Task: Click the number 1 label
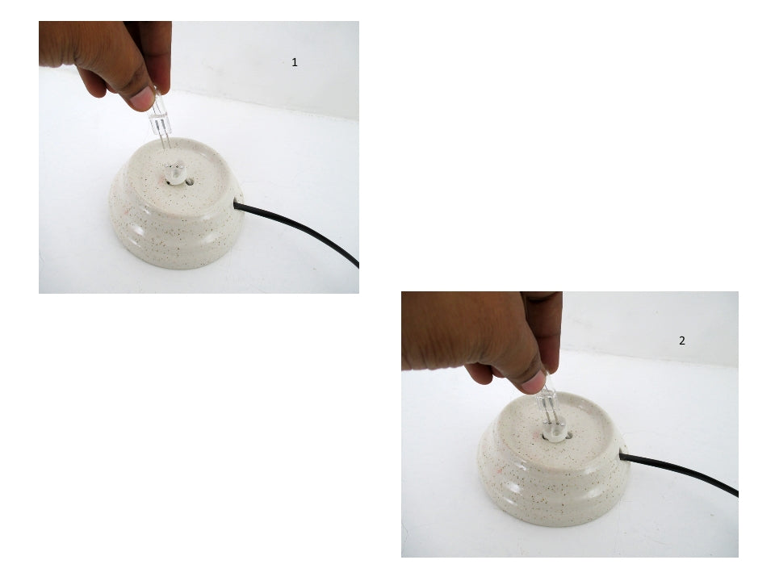tap(295, 62)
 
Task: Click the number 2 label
tap(681, 341)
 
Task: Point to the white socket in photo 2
tap(552, 433)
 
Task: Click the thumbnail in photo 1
tap(143, 98)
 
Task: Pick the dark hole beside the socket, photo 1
tap(188, 182)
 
